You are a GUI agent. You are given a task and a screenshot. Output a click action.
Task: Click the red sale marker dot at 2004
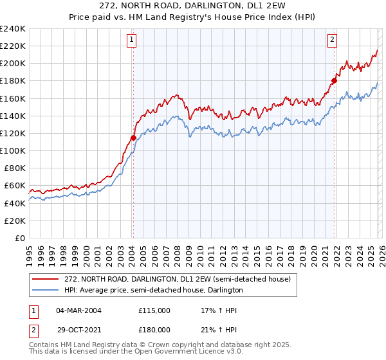point(133,138)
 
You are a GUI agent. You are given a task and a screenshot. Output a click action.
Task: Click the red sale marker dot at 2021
point(334,81)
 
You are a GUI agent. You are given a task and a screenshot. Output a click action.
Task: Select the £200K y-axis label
point(13,64)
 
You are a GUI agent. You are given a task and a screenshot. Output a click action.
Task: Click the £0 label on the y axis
point(19,238)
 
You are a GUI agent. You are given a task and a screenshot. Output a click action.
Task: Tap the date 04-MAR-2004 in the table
point(79,310)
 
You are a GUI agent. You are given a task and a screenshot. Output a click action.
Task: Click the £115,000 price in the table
point(154,310)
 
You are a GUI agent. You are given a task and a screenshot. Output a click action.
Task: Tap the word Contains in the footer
point(43,346)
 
